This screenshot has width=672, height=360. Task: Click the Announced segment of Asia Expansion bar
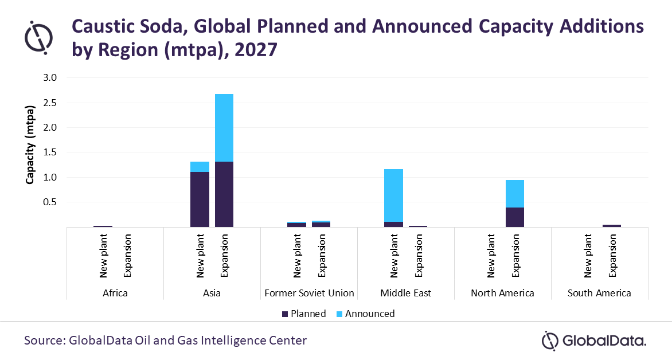tap(224, 128)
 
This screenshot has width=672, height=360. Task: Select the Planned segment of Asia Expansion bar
tap(224, 194)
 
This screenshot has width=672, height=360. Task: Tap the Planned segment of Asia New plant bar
tap(200, 199)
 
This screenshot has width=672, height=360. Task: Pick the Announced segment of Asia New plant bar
tap(200, 167)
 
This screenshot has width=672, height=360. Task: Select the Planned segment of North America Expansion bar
tap(515, 217)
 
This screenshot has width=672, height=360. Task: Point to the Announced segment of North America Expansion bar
tap(515, 194)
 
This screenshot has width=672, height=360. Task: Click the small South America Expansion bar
tap(612, 226)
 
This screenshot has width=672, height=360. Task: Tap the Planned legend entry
tap(303, 314)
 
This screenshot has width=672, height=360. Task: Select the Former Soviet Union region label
tap(309, 293)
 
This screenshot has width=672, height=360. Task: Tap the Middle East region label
tap(406, 293)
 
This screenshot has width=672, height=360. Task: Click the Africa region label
tap(115, 293)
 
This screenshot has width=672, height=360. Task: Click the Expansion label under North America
tap(515, 256)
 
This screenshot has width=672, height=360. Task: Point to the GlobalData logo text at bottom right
tap(604, 341)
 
